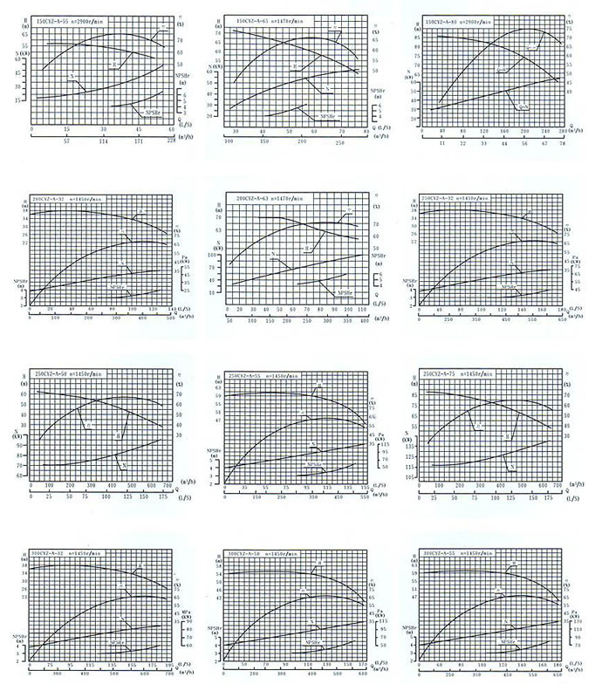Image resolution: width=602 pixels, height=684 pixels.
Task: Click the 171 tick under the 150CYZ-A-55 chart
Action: (x=138, y=140)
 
